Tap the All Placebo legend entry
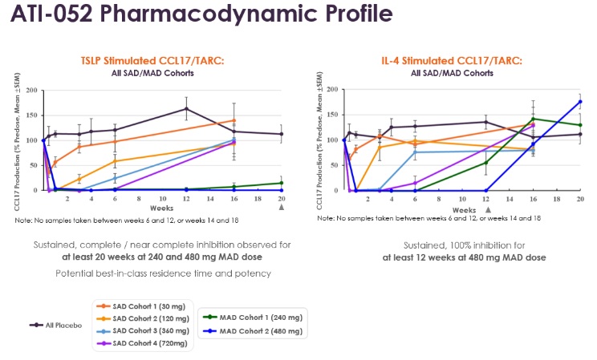click(x=58, y=324)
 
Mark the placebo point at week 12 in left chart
click(x=186, y=108)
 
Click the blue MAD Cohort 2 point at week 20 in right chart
click(x=580, y=102)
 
